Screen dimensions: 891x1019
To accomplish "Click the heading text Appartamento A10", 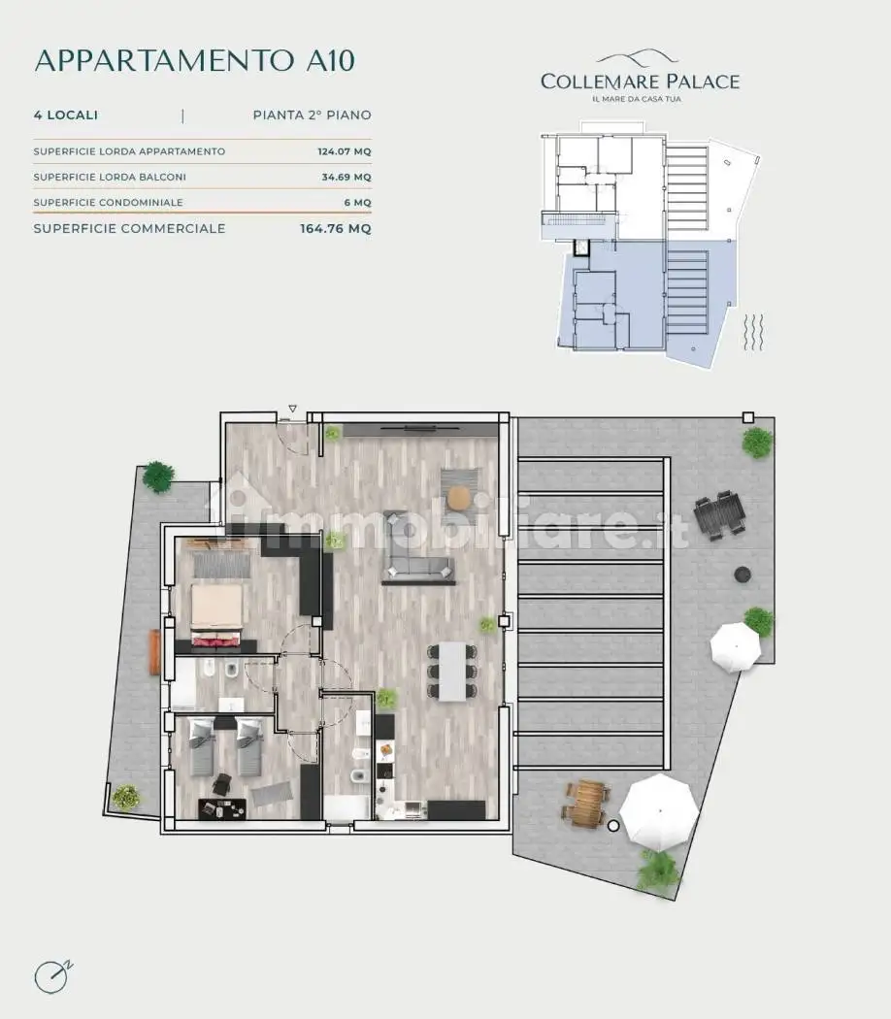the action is point(194,60).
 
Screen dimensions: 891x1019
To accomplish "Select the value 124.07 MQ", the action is point(345,151).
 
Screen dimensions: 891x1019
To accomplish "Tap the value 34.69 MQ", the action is point(346,177).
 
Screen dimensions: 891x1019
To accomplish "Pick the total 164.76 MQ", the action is point(336,229).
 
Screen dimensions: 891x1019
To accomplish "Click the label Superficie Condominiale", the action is point(108,203).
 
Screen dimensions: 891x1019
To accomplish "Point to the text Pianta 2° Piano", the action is point(312,115).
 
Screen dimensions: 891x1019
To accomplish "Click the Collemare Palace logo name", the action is point(641,82).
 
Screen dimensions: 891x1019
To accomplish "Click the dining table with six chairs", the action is point(452,672).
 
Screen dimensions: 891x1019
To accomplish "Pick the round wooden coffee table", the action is point(459,498).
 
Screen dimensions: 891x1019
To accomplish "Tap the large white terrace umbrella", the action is point(659,811).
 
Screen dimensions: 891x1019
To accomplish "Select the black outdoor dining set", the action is point(719,514).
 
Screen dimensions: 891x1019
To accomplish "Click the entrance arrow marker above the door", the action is point(292,409).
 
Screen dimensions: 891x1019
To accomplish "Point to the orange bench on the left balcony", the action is point(154,652).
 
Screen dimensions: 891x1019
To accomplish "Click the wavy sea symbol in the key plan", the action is point(752,333).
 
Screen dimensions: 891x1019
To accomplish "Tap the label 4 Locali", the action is point(66,115).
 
